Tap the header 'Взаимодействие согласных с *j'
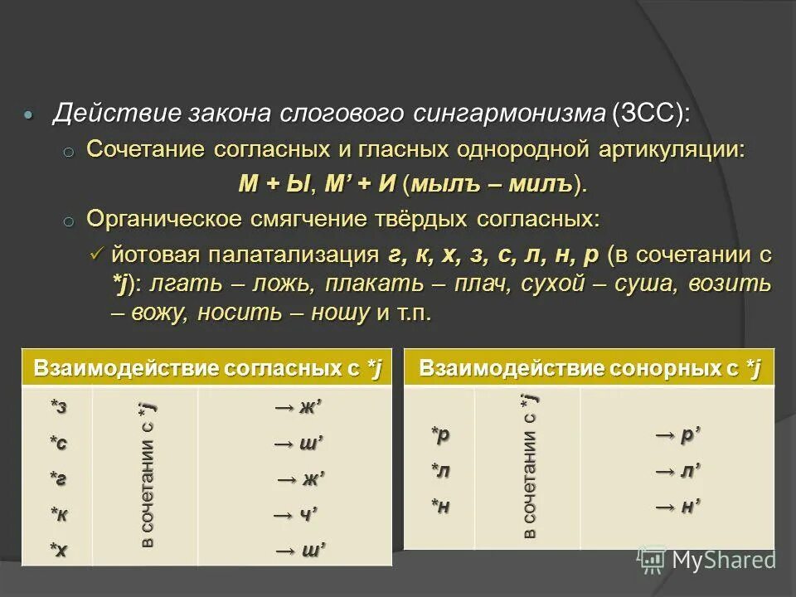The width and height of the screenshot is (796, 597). (207, 369)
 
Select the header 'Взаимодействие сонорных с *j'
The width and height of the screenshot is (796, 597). (590, 369)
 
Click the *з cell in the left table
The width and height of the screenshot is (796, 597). (58, 407)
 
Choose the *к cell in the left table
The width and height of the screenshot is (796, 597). (58, 515)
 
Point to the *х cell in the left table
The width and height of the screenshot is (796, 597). (58, 550)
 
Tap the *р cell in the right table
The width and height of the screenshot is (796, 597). (439, 434)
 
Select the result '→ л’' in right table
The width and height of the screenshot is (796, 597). (678, 470)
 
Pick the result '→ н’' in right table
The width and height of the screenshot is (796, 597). (678, 505)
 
